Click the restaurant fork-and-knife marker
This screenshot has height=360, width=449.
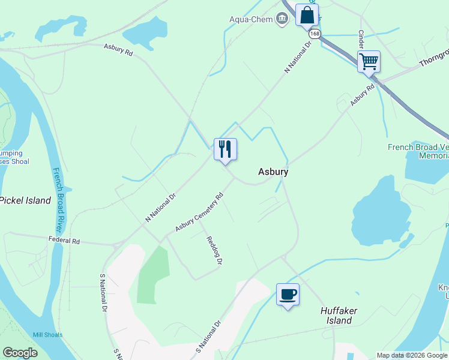click(225, 149)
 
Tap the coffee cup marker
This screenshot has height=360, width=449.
click(288, 295)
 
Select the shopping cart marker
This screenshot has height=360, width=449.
click(369, 62)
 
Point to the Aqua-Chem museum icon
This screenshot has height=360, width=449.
click(282, 19)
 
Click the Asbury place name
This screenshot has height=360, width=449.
click(273, 172)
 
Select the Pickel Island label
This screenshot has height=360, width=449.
click(25, 200)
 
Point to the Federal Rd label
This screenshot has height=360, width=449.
click(64, 241)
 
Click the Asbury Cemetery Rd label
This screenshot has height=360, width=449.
click(199, 212)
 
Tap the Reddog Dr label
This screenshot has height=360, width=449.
click(214, 251)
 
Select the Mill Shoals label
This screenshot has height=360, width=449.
click(47, 335)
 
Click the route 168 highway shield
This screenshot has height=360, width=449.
click(315, 34)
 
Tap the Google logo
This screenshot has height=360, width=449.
click(20, 353)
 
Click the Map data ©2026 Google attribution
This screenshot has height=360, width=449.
click(411, 355)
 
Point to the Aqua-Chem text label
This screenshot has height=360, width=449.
click(251, 19)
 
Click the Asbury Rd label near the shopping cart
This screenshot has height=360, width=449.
click(363, 95)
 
